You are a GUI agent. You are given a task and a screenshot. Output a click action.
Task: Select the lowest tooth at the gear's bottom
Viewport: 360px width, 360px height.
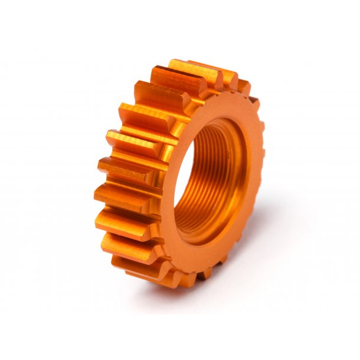[x=177, y=277]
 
